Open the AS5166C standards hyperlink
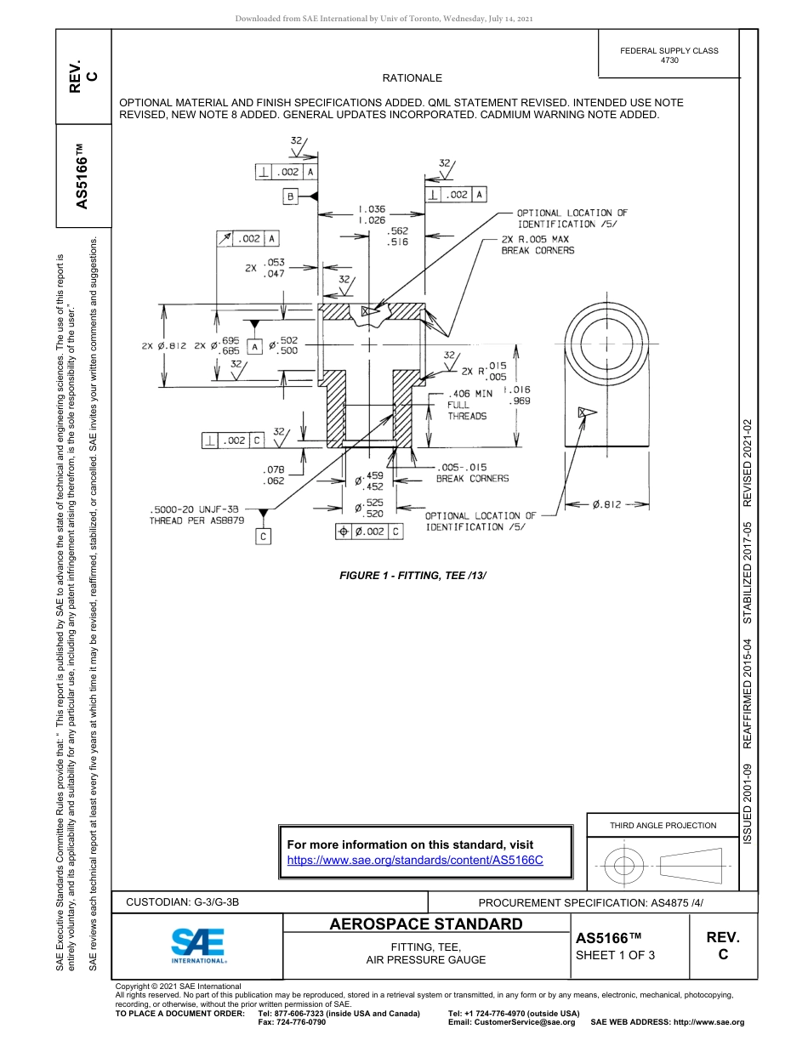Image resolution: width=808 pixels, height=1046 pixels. pos(415,860)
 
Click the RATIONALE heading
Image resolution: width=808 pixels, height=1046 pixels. pos(412,78)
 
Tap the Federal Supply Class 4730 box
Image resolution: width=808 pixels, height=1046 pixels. pos(669,55)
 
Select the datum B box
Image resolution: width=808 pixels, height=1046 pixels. pos(290,196)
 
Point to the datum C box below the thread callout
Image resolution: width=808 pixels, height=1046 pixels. pos(264,537)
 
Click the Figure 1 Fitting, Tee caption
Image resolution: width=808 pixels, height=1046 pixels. pos(413,576)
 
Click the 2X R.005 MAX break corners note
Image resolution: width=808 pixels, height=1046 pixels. pos(538,245)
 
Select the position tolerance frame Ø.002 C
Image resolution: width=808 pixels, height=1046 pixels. pos(369,532)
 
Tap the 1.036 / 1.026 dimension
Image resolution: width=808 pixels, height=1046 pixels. pos(372,214)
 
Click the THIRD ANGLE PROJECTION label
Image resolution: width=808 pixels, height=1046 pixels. pos(663,825)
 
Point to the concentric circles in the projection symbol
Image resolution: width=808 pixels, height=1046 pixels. pos(624,866)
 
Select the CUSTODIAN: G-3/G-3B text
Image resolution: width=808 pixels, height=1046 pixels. pos(188,901)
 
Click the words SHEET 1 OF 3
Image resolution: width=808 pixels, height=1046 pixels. pos(615,954)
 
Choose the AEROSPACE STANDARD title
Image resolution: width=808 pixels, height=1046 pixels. pos(426,924)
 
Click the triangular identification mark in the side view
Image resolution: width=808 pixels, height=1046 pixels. pos(584,412)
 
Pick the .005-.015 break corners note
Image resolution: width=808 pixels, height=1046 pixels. pos(472,473)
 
